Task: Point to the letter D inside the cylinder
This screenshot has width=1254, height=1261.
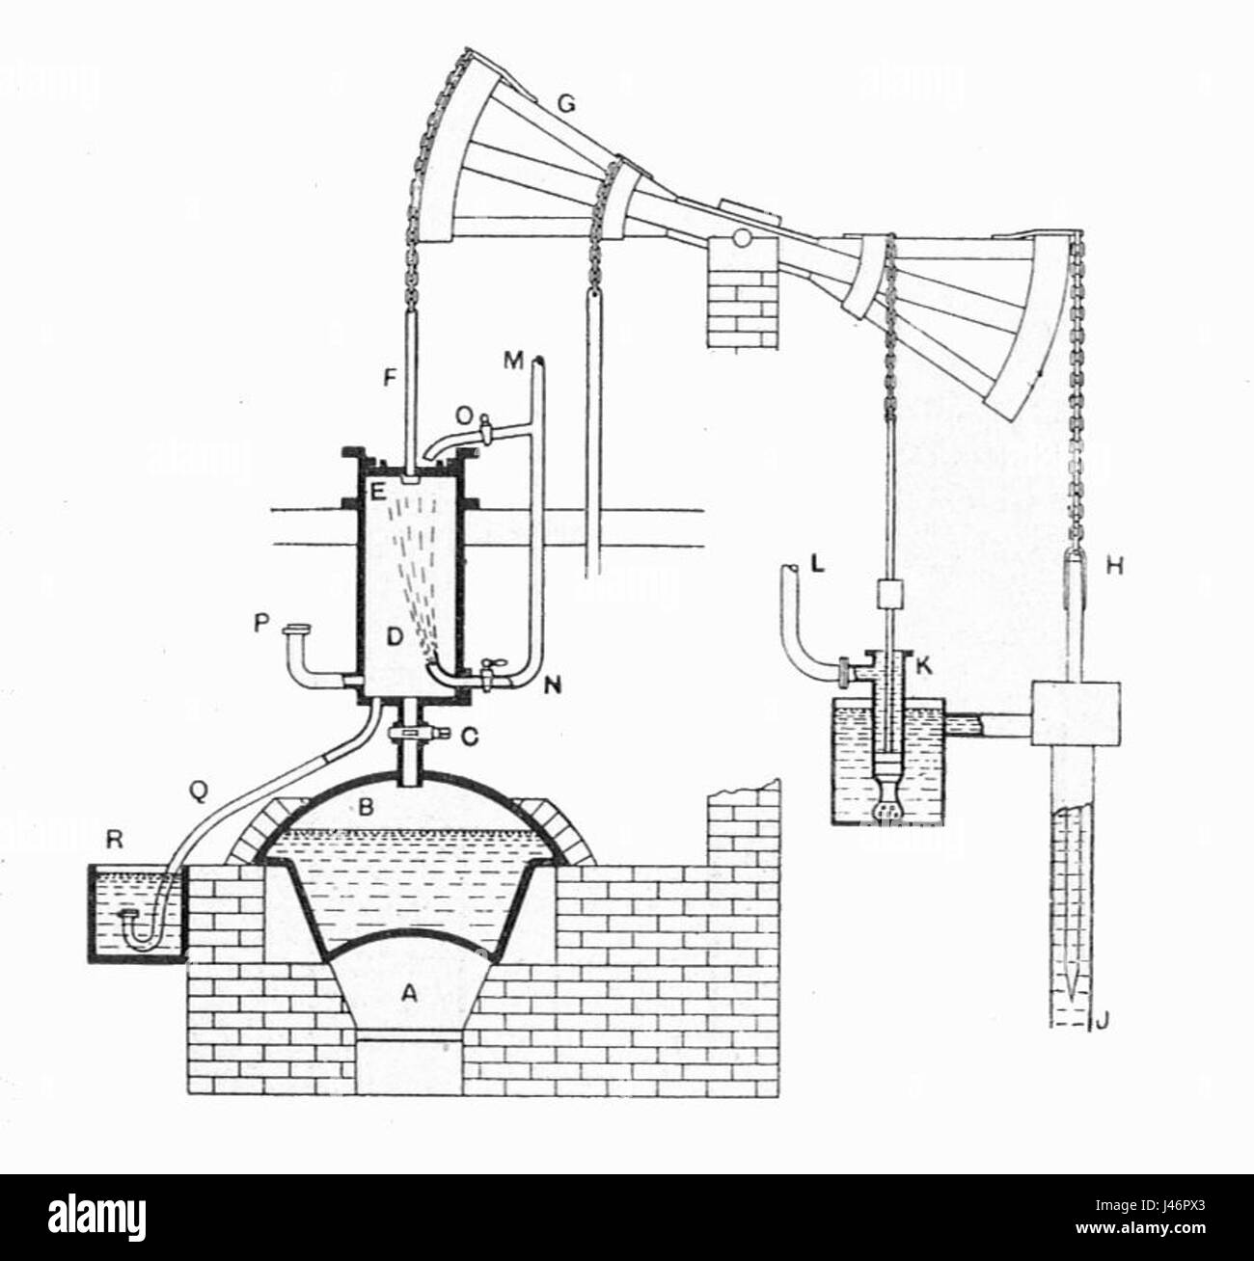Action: pyautogui.click(x=393, y=637)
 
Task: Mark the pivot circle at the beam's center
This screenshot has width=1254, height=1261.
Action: pyautogui.click(x=741, y=235)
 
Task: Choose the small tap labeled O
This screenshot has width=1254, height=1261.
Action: pyautogui.click(x=466, y=417)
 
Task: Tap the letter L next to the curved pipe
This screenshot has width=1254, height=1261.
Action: pyautogui.click(x=818, y=569)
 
